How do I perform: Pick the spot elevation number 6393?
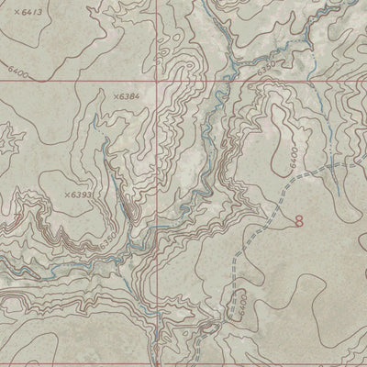[83, 195]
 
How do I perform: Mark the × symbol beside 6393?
[67, 195]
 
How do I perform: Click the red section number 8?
[299, 220]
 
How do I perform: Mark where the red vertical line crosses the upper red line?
[155, 79]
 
